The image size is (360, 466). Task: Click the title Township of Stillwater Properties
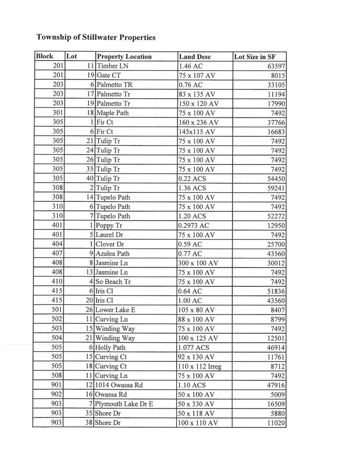click(x=96, y=37)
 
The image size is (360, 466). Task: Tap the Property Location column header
click(x=124, y=56)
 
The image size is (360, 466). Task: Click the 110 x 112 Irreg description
click(x=200, y=366)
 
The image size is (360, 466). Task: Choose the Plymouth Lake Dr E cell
click(x=124, y=404)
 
